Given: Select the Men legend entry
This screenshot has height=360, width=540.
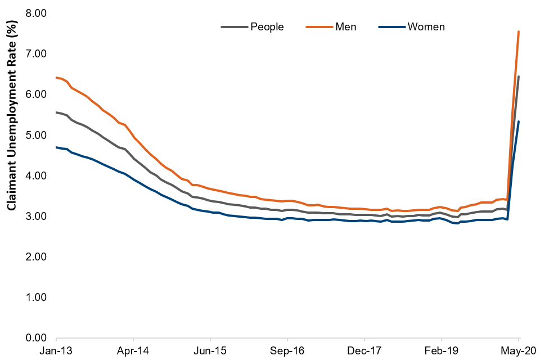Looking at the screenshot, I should pyautogui.click(x=345, y=27).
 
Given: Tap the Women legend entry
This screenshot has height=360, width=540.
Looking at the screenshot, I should pyautogui.click(x=426, y=27).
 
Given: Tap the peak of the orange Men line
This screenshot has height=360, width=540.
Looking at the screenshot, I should pyautogui.click(x=518, y=31).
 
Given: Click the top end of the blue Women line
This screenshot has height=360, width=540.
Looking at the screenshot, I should pyautogui.click(x=518, y=121).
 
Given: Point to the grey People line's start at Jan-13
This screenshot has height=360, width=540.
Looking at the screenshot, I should pyautogui.click(x=57, y=112).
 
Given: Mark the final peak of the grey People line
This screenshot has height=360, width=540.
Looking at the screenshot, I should pyautogui.click(x=518, y=76).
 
